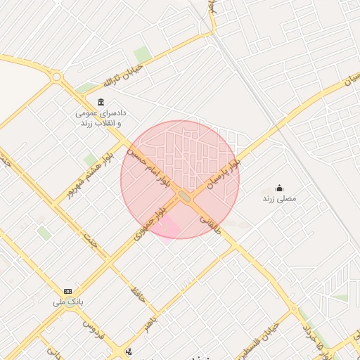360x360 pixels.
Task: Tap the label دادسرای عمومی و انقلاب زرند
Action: click(101, 117)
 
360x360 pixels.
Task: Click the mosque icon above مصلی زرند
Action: click(279, 188)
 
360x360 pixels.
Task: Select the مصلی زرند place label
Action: click(279, 199)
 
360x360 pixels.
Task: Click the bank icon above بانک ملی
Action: click(67, 291)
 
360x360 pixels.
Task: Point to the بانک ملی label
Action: click(67, 302)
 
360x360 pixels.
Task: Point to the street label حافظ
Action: click(138, 295)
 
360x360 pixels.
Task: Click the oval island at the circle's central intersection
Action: click(185, 196)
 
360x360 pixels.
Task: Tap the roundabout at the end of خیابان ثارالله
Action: click(56, 77)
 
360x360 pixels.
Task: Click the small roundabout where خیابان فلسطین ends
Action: click(292, 308)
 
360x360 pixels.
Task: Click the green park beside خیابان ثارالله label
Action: click(143, 54)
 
